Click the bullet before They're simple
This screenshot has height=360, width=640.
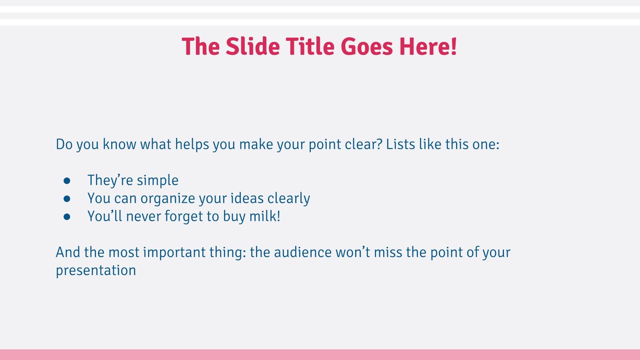coord(67,181)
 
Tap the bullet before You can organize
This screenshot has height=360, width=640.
coord(67,199)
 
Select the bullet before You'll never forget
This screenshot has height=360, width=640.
coord(67,217)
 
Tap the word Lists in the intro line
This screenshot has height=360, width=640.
coord(400,144)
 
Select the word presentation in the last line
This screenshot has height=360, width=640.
coord(96,271)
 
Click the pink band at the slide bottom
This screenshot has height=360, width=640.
coord(320,354)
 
